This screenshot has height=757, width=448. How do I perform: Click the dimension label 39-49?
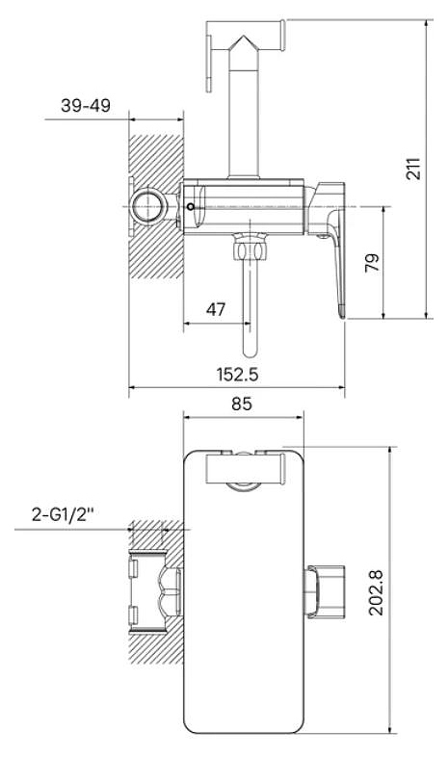[x=86, y=105]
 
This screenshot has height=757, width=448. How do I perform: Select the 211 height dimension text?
[x=413, y=169]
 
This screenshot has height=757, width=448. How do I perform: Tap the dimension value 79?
[x=372, y=262]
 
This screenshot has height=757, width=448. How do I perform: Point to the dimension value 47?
[x=215, y=309]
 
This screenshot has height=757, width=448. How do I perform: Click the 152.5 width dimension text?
[x=237, y=374]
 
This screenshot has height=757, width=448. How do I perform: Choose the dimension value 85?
[x=242, y=404]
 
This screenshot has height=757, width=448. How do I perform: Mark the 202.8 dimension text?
[x=376, y=592]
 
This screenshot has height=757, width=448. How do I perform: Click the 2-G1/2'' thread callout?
[x=63, y=515]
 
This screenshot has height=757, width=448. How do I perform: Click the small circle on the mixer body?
[x=190, y=207]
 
